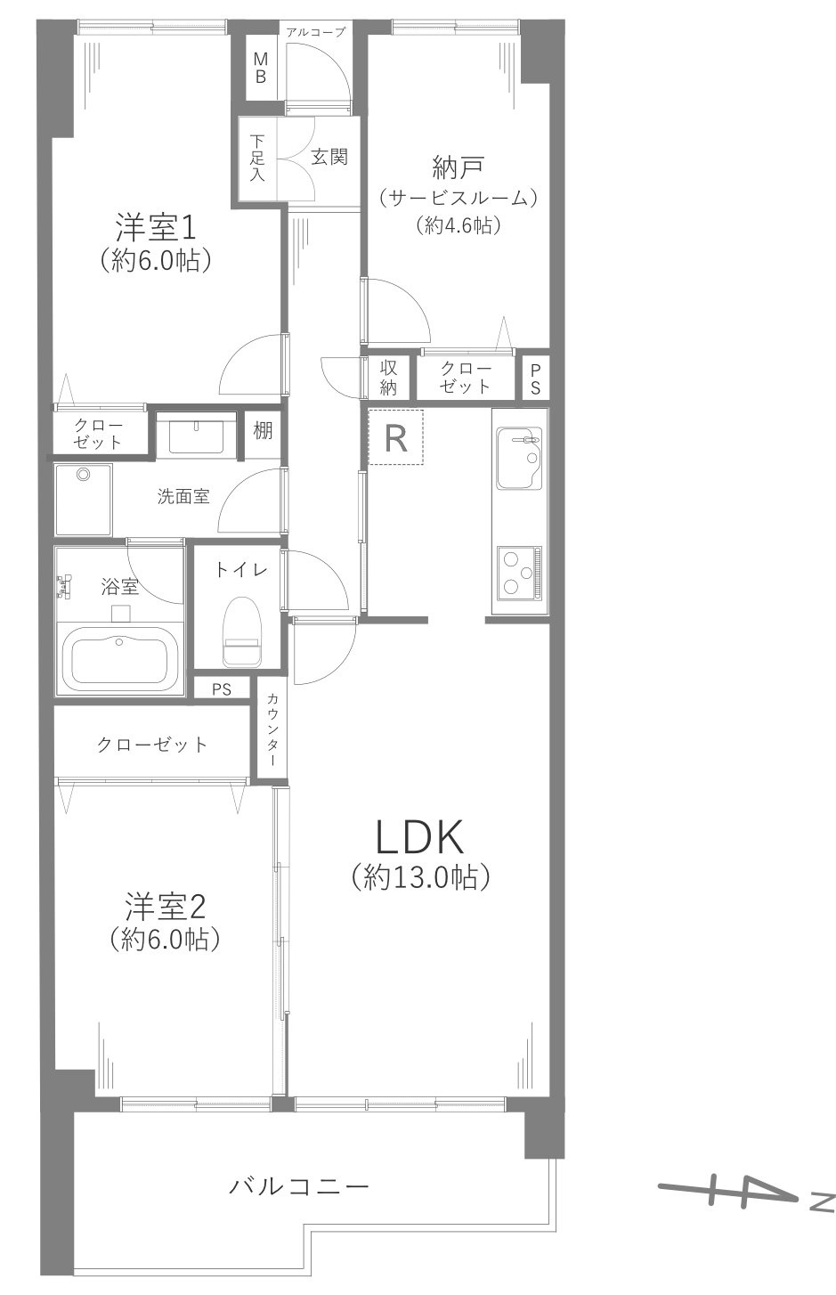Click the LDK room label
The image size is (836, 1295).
point(419,837)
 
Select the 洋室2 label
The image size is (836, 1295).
point(165,908)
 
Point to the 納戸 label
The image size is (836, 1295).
point(458,167)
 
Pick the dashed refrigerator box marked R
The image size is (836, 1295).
point(396,437)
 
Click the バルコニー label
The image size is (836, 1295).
point(299,1186)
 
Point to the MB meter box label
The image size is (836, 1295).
point(261,68)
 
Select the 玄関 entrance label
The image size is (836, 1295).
point(329,158)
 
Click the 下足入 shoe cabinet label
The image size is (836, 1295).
point(257,158)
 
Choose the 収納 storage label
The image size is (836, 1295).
point(389,377)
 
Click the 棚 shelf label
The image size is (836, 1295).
point(262,431)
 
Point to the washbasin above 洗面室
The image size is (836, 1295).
point(197,436)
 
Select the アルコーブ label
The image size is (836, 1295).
point(314,32)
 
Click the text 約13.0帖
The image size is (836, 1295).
point(421,877)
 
